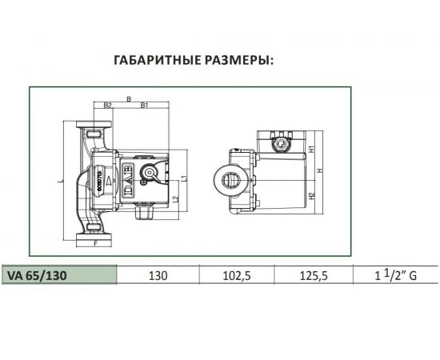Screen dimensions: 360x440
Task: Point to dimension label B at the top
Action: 128,99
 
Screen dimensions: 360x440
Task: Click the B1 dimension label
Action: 143,106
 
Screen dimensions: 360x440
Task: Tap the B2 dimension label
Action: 107,106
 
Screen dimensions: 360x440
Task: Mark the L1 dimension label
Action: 183,178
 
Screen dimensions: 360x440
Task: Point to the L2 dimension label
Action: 175,198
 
